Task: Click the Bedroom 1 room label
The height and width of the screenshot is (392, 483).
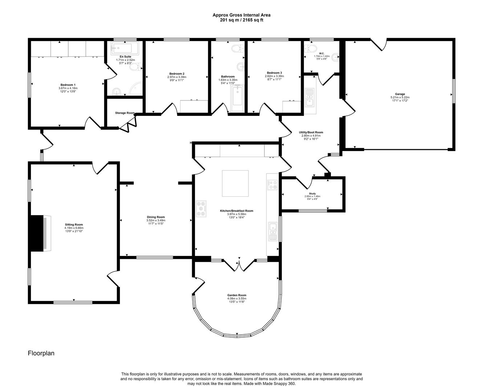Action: [68, 85]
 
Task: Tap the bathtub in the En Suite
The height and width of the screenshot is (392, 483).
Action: [125, 48]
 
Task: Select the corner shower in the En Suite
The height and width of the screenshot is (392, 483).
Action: [136, 89]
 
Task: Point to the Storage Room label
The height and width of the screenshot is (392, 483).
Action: [125, 113]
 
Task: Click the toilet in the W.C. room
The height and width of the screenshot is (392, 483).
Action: [311, 48]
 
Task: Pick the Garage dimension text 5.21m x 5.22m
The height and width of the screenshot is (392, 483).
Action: [400, 97]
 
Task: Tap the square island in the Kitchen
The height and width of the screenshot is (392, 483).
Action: [235, 183]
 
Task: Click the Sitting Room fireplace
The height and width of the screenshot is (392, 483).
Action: [40, 233]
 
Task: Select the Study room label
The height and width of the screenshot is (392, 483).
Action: [312, 193]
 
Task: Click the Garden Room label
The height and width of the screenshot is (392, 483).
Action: [237, 295]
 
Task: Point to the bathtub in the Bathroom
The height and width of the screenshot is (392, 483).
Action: [237, 98]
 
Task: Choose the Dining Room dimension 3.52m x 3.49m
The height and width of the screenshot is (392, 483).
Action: [156, 220]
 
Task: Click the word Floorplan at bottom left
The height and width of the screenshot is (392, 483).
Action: [41, 353]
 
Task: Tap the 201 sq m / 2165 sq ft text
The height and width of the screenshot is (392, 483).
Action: [241, 20]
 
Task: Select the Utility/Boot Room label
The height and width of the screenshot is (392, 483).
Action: [311, 132]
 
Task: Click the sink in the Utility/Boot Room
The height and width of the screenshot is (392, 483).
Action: [309, 97]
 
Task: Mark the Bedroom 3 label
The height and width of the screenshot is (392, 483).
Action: [275, 73]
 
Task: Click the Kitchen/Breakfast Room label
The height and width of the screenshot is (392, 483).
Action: [236, 211]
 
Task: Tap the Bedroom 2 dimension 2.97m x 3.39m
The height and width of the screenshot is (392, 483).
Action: [175, 77]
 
